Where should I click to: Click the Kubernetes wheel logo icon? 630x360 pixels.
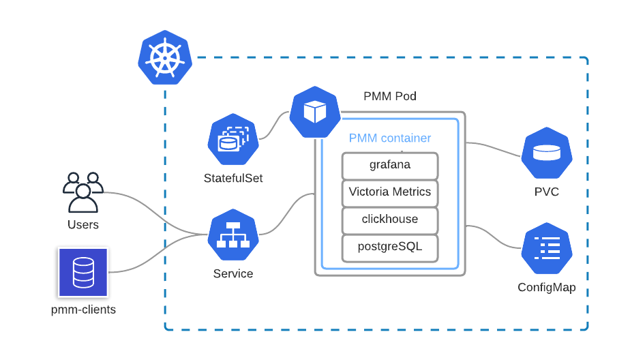click(165, 57)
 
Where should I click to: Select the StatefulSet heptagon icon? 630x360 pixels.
click(233, 140)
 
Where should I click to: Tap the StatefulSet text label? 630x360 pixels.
click(233, 178)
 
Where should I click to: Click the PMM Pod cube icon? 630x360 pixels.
click(315, 112)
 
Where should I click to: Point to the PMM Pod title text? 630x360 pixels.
click(390, 96)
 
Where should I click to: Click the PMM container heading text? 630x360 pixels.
click(390, 138)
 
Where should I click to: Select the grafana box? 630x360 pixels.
click(390, 165)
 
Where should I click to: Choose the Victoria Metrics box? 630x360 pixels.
click(390, 192)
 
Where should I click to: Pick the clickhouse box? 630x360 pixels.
click(390, 220)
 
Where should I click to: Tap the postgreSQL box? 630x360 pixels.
click(390, 247)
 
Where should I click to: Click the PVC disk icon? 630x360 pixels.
click(547, 153)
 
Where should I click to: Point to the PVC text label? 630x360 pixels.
click(547, 192)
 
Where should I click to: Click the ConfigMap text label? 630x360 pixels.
click(547, 287)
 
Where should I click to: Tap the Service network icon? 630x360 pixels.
click(233, 235)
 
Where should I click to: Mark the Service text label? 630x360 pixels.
click(233, 273)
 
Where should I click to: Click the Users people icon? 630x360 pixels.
click(82, 192)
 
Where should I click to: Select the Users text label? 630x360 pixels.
click(82, 224)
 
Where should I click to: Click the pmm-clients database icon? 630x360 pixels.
click(83, 271)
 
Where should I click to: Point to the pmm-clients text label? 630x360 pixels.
click(83, 310)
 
